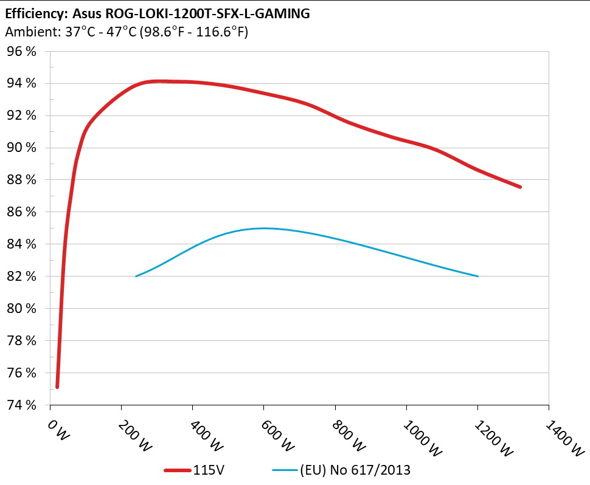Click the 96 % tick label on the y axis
point(23,52)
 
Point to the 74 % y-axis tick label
point(23,405)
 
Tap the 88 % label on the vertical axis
point(23,180)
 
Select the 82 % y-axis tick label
point(23,277)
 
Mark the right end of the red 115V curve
point(521,187)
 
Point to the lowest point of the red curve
point(57,387)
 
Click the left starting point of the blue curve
point(136,276)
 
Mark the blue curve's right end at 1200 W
point(477,276)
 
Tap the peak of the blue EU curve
point(263,228)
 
